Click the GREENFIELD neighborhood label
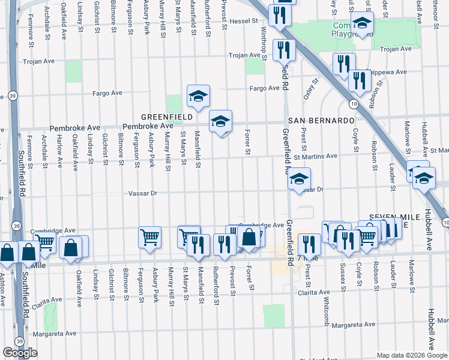[166, 116]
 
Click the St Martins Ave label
[315, 157]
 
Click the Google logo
[20, 353]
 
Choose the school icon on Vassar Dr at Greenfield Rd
[299, 178]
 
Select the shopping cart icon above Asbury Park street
[149, 236]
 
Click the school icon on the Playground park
[361, 23]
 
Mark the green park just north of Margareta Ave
[274, 316]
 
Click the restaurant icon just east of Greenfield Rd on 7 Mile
[309, 243]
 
